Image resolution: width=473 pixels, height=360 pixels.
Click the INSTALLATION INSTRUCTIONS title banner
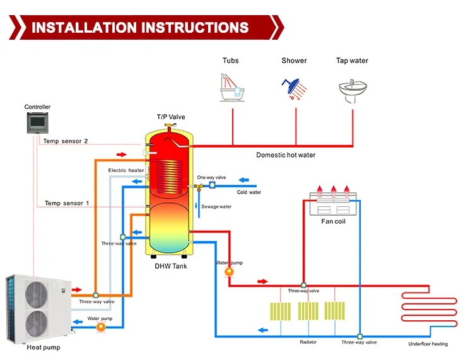coord(140,28)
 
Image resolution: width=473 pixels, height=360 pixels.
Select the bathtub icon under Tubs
coord(231,88)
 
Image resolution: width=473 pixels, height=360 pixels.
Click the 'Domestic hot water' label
coord(286,155)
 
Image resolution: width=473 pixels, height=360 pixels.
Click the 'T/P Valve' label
coord(171,117)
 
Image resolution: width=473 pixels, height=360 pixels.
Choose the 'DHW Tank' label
coord(171,266)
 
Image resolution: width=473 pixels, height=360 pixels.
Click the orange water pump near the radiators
coord(228,271)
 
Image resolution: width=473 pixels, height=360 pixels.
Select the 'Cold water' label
coord(248,192)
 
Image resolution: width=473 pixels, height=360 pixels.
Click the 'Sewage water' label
coord(216,207)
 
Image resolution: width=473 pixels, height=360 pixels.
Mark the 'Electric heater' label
coord(126,170)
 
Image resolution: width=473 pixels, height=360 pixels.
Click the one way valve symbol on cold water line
coord(212,185)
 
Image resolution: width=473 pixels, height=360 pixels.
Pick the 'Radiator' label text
coord(308,342)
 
